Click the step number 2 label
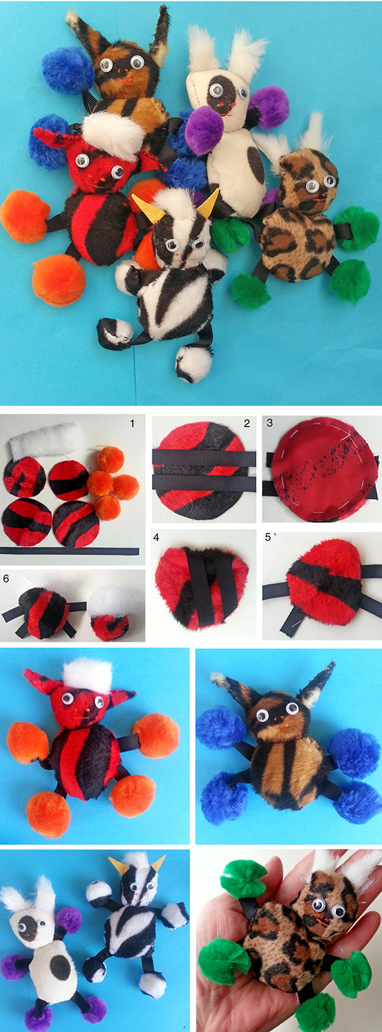point(247,423)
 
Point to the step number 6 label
point(6,579)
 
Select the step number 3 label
point(269,422)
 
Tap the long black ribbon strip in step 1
point(70,551)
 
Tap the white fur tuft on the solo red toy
point(87,677)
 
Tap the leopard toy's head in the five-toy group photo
point(307,182)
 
